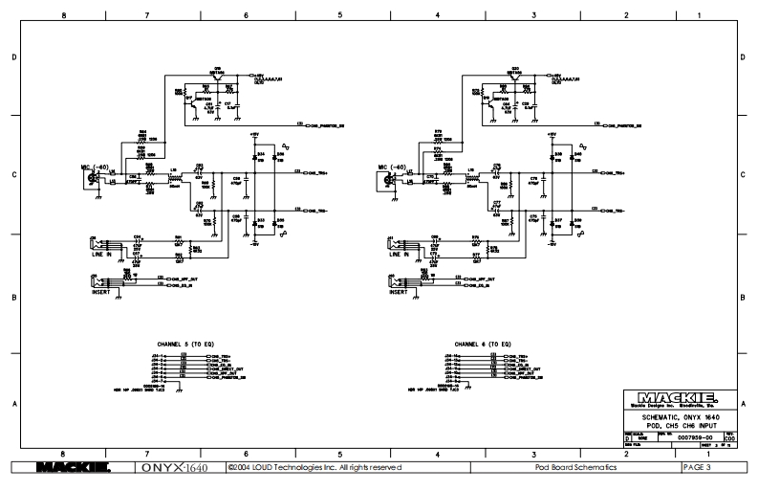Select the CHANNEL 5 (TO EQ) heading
[185, 343]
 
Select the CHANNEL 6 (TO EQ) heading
[483, 343]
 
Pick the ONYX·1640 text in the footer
[174, 467]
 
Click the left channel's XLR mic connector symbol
[94, 178]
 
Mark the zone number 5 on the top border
[339, 15]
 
